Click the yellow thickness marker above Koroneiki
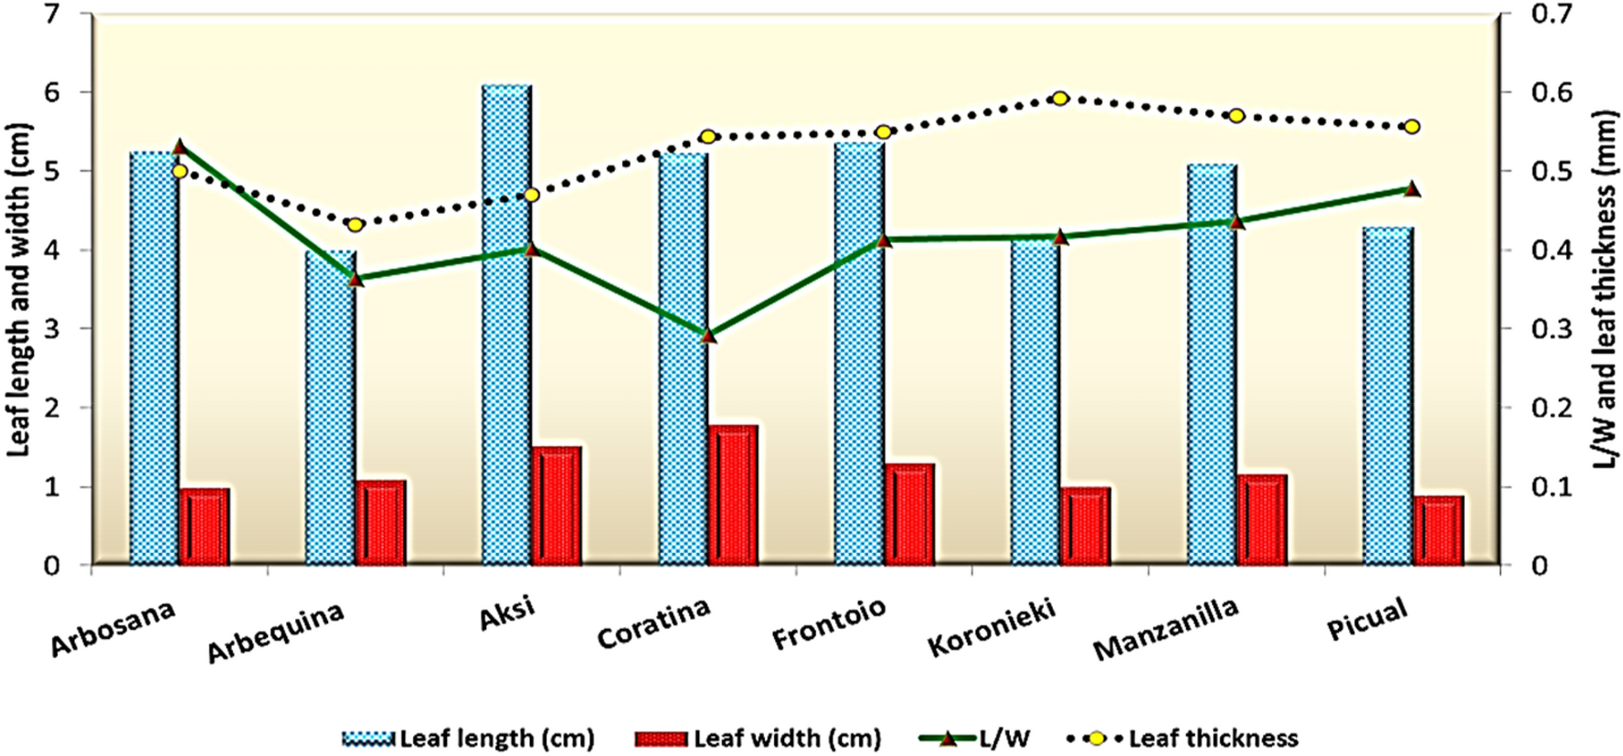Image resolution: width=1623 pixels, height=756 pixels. click(1060, 98)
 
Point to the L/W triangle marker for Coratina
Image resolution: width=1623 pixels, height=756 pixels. click(709, 335)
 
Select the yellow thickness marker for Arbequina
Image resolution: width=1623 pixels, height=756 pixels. click(355, 224)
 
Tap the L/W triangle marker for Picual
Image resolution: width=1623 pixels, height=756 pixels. click(1412, 189)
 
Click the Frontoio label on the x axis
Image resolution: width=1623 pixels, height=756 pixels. click(829, 623)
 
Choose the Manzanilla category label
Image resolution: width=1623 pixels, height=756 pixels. click(1166, 629)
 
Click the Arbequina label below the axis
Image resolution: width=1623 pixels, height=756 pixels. click(275, 633)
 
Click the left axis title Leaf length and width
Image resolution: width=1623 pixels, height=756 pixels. click(19, 290)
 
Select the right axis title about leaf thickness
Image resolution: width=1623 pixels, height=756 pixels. click(1606, 290)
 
